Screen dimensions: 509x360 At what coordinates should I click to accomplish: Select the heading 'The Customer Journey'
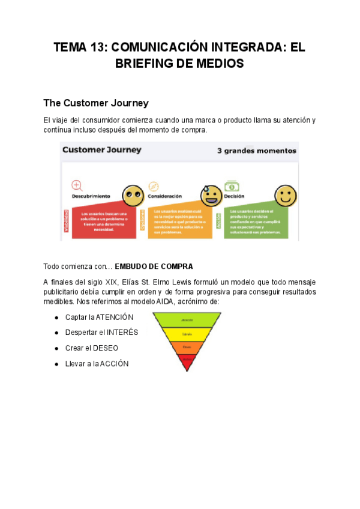(x=96, y=103)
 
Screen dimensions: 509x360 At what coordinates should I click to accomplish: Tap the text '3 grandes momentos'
(x=256, y=151)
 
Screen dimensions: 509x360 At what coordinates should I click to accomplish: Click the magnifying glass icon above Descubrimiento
(x=77, y=185)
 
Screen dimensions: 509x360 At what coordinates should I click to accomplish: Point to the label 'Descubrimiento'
(x=91, y=196)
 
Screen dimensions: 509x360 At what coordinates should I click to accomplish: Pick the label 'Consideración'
(x=165, y=196)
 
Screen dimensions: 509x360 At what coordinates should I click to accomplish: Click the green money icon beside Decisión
(x=230, y=187)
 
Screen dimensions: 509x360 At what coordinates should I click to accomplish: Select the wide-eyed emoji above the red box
(x=133, y=196)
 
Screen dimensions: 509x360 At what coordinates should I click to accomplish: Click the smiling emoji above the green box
(x=286, y=196)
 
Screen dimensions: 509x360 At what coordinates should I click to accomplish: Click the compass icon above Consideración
(x=153, y=186)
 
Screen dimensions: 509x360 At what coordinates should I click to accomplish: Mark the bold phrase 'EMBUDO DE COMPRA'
(x=154, y=266)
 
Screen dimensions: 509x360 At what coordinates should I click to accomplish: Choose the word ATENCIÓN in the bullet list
(x=115, y=317)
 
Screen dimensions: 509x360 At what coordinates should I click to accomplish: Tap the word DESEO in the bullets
(x=105, y=348)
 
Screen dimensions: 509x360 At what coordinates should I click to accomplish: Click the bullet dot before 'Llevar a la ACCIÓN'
(x=56, y=364)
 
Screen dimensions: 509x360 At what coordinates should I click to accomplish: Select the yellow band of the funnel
(x=187, y=334)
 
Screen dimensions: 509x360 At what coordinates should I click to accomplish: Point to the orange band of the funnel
(x=187, y=347)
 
